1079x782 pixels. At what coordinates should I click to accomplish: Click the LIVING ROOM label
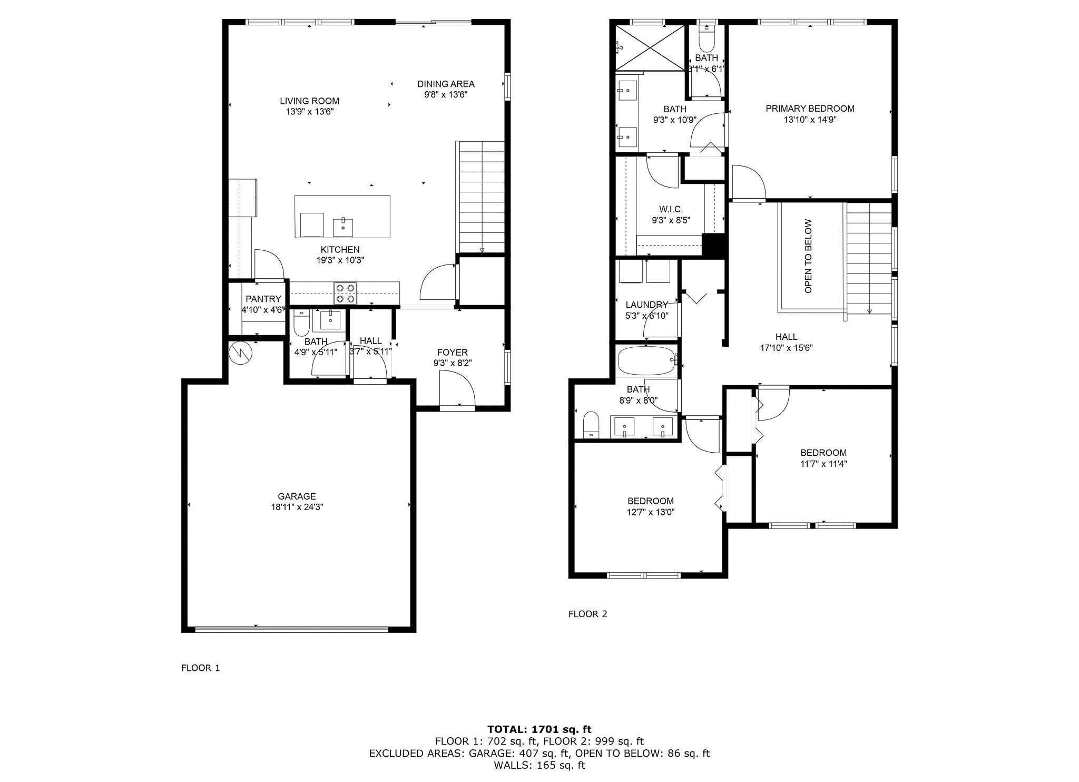(x=309, y=101)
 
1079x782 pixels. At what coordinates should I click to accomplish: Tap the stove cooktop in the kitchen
(x=346, y=294)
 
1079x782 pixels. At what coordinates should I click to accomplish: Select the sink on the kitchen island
(x=343, y=228)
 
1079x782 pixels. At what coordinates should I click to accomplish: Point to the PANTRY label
(x=263, y=299)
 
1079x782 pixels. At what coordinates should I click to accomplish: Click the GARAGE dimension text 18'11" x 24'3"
(x=297, y=507)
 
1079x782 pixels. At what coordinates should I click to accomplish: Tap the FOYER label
(x=452, y=352)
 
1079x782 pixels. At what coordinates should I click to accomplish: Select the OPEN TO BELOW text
(x=808, y=256)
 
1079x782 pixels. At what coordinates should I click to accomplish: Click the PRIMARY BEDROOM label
(x=810, y=109)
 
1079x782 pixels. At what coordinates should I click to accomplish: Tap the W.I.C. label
(x=671, y=210)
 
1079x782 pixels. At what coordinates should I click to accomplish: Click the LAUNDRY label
(x=646, y=305)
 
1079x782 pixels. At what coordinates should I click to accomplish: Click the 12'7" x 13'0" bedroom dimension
(x=650, y=512)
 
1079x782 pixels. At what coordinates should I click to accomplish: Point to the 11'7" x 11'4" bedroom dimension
(x=823, y=464)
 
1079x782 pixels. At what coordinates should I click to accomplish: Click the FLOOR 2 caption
(x=587, y=614)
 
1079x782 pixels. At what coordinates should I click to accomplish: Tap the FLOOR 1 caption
(x=200, y=668)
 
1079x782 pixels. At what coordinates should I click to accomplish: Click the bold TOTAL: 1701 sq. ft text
(x=539, y=729)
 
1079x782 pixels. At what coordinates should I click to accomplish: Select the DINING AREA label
(x=446, y=84)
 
